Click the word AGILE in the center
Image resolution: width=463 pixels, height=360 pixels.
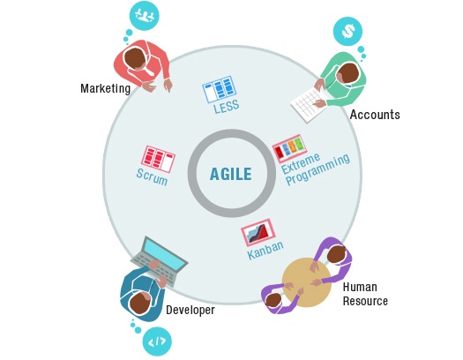click(230, 174)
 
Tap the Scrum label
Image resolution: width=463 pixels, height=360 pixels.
click(152, 176)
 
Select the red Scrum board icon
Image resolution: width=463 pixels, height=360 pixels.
click(158, 159)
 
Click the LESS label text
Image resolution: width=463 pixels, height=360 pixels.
click(226, 107)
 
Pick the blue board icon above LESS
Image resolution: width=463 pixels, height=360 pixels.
click(220, 89)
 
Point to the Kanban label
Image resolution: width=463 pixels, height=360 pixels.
click(265, 250)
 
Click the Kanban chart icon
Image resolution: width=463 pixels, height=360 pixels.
click(258, 232)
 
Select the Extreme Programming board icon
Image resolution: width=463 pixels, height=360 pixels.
click(289, 147)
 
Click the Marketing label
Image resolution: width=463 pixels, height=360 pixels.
click(106, 88)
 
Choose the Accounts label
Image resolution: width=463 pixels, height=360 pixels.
click(375, 115)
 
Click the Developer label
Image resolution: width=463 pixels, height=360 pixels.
click(190, 310)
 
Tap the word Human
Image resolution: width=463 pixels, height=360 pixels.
click(360, 287)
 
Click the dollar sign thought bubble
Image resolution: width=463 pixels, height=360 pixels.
click(347, 31)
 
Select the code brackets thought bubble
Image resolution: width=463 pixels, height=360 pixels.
click(157, 341)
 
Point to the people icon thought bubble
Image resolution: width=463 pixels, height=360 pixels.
click(145, 16)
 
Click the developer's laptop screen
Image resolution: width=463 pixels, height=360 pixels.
click(163, 253)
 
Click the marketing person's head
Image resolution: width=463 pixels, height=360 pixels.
click(135, 58)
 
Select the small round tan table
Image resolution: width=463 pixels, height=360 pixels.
click(306, 282)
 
